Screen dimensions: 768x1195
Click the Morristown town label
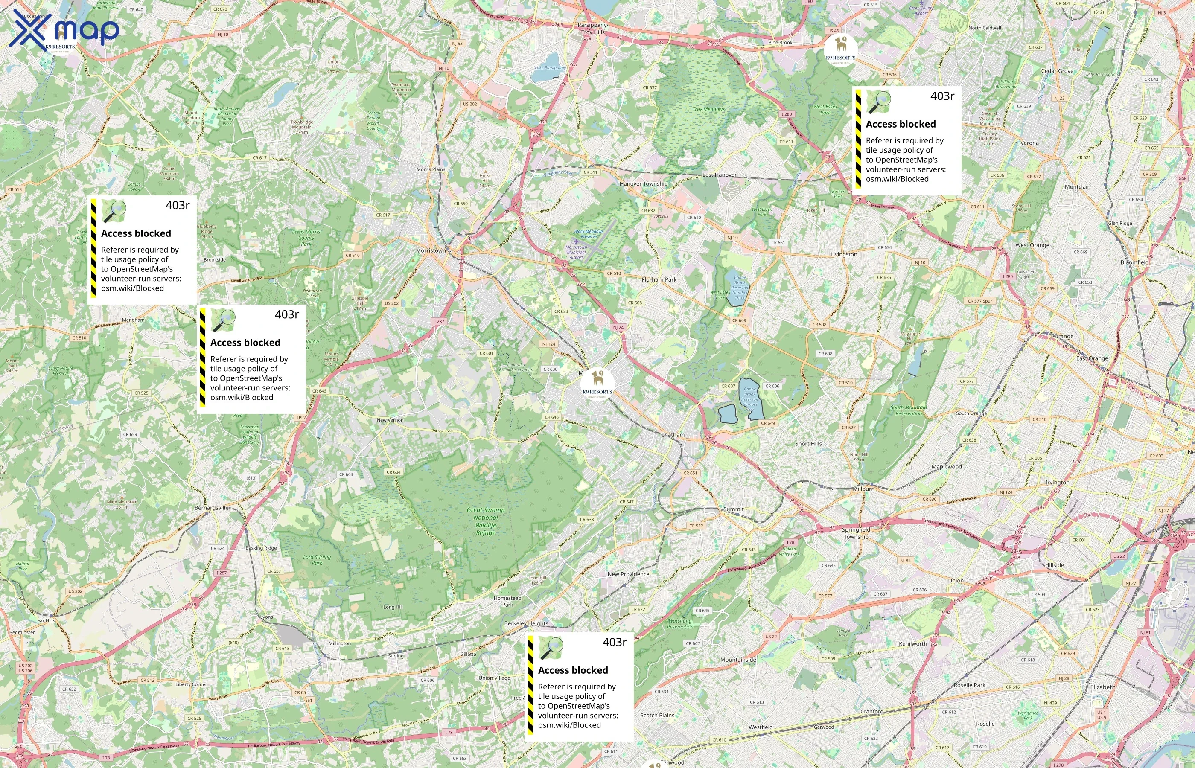coord(431,250)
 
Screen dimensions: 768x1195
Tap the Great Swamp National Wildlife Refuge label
coord(485,521)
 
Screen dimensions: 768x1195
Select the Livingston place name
coord(843,254)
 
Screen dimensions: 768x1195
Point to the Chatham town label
coord(672,435)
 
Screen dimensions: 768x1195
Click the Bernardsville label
coord(211,508)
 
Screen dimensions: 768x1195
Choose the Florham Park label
coord(659,280)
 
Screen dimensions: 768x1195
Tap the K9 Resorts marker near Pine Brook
coord(840,49)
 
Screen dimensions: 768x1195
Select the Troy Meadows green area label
coord(708,109)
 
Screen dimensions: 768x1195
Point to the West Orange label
coord(1032,245)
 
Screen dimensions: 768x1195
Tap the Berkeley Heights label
coord(526,623)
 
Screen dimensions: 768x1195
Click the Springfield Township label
coord(856,533)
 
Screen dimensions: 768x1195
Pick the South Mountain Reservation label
coord(909,410)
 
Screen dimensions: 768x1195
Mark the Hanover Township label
coord(644,184)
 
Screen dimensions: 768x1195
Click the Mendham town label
coord(133,320)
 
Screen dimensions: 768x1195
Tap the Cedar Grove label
coord(1057,71)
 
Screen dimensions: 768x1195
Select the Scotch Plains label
coord(657,715)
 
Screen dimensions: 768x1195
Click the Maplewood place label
coord(946,467)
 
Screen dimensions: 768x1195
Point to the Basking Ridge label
coord(261,548)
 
